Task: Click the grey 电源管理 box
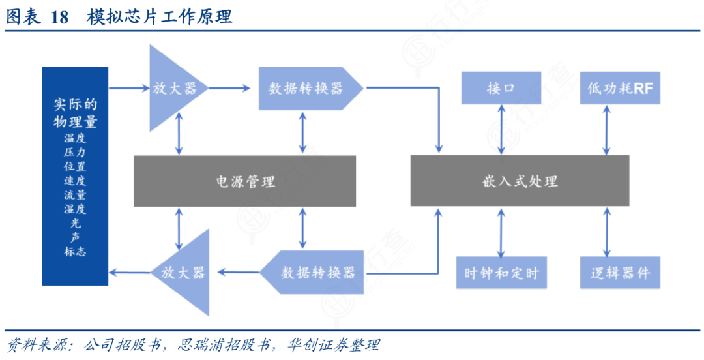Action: (x=244, y=181)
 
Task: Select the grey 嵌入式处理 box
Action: (x=520, y=181)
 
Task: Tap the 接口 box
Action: (x=501, y=88)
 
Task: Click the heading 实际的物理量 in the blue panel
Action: (x=75, y=113)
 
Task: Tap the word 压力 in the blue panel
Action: (x=75, y=152)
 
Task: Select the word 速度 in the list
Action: (x=75, y=181)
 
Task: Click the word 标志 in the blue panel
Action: (x=75, y=251)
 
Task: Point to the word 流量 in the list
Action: (x=75, y=194)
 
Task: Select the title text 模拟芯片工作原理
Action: (x=159, y=17)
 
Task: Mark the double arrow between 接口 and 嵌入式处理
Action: (x=501, y=129)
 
